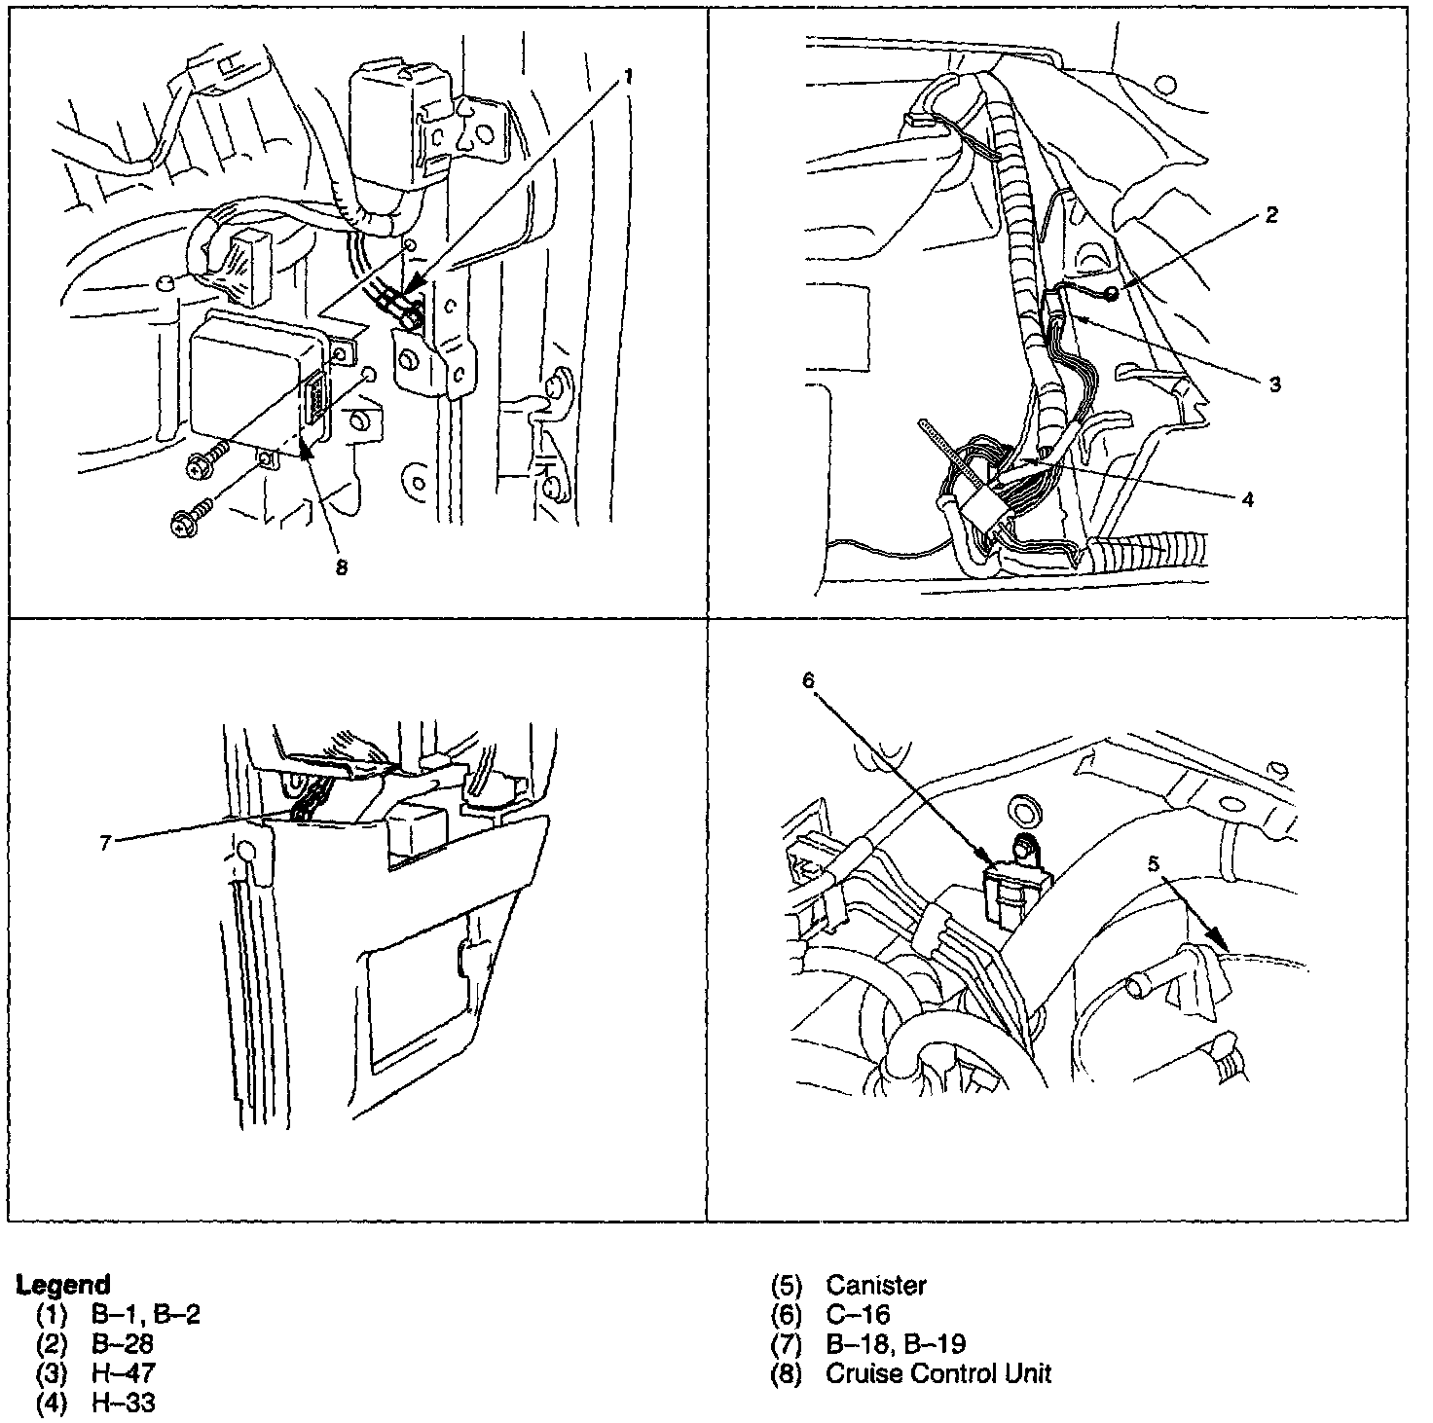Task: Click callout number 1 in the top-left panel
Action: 628,76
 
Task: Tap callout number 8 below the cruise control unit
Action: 342,567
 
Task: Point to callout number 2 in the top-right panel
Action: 1270,215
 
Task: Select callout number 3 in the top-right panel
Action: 1274,384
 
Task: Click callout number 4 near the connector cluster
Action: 1248,500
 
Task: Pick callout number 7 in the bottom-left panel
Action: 105,843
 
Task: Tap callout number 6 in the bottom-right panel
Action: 808,680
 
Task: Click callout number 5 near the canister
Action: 1154,863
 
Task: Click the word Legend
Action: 63,1284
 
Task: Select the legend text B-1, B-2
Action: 146,1314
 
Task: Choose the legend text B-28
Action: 122,1343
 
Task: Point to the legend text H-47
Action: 124,1372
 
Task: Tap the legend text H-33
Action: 124,1403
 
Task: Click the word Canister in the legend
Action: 876,1285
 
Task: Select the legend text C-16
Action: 858,1314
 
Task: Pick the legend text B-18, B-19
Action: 896,1343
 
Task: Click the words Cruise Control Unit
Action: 938,1372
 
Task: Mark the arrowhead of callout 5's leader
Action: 1215,939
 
